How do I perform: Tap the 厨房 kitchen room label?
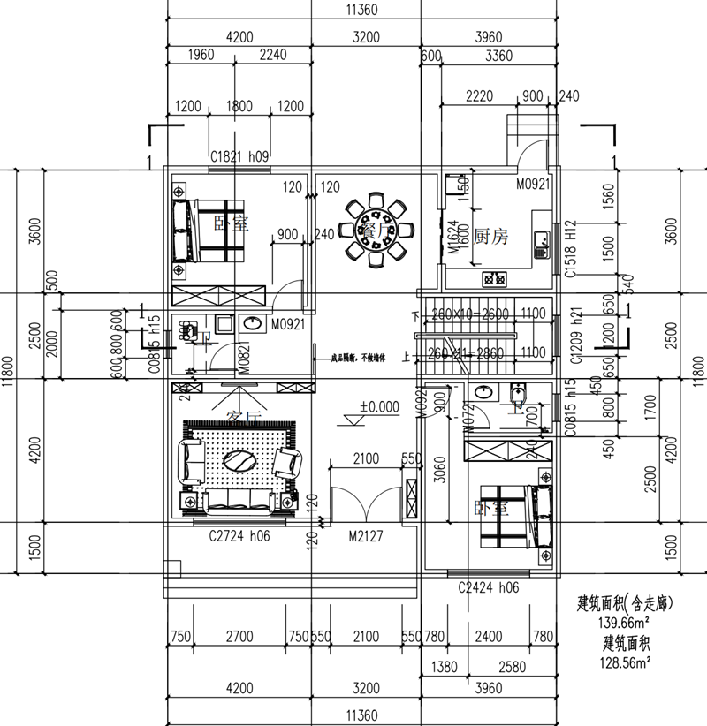coord(493,236)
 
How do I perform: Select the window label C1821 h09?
coord(239,156)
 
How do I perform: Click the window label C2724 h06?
coord(239,535)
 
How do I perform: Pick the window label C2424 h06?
coord(488,586)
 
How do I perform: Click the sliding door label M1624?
coord(451,238)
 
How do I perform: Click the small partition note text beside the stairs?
coord(358,358)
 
